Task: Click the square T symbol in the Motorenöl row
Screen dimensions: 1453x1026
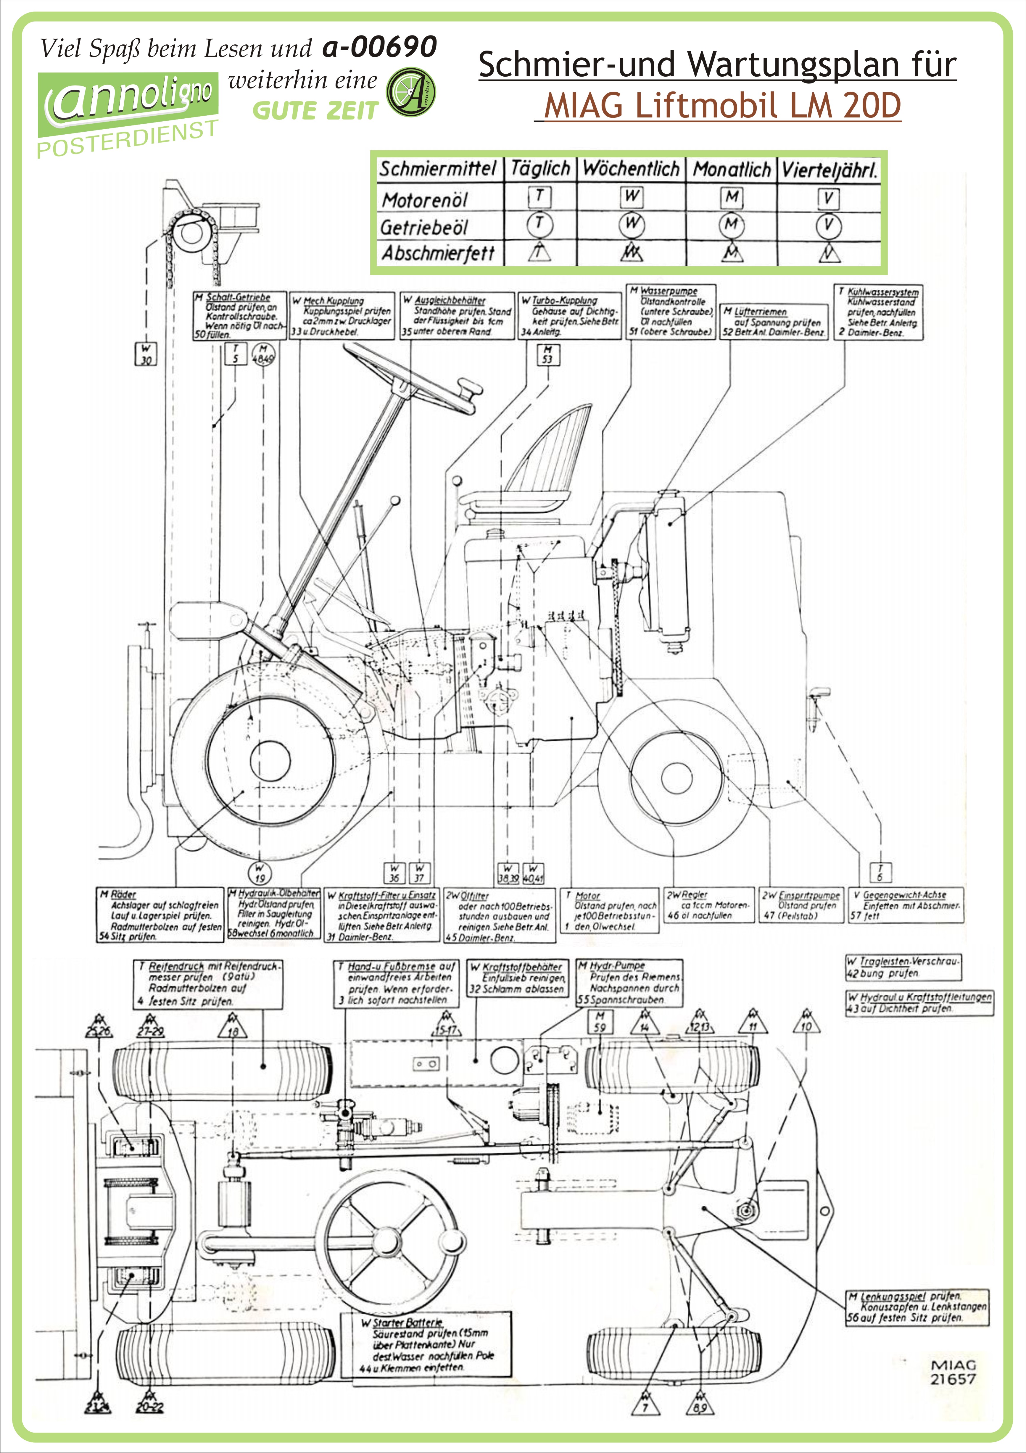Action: pos(539,196)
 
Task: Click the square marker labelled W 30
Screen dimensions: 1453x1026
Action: pos(146,354)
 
